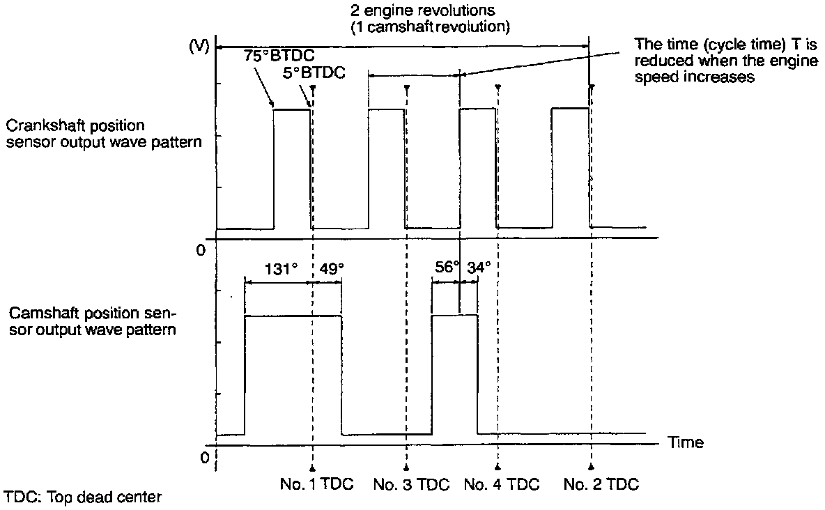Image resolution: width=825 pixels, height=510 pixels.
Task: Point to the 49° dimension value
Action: tap(331, 269)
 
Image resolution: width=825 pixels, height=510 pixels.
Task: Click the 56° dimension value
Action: tap(447, 268)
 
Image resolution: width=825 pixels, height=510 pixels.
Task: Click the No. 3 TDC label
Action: tap(406, 485)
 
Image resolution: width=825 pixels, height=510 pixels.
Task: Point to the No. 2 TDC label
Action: tap(601, 485)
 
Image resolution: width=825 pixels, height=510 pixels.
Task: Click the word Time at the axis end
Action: tap(686, 442)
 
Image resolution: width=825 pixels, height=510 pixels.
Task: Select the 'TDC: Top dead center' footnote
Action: tap(83, 497)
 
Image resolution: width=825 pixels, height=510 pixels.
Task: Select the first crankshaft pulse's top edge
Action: tap(292, 109)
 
